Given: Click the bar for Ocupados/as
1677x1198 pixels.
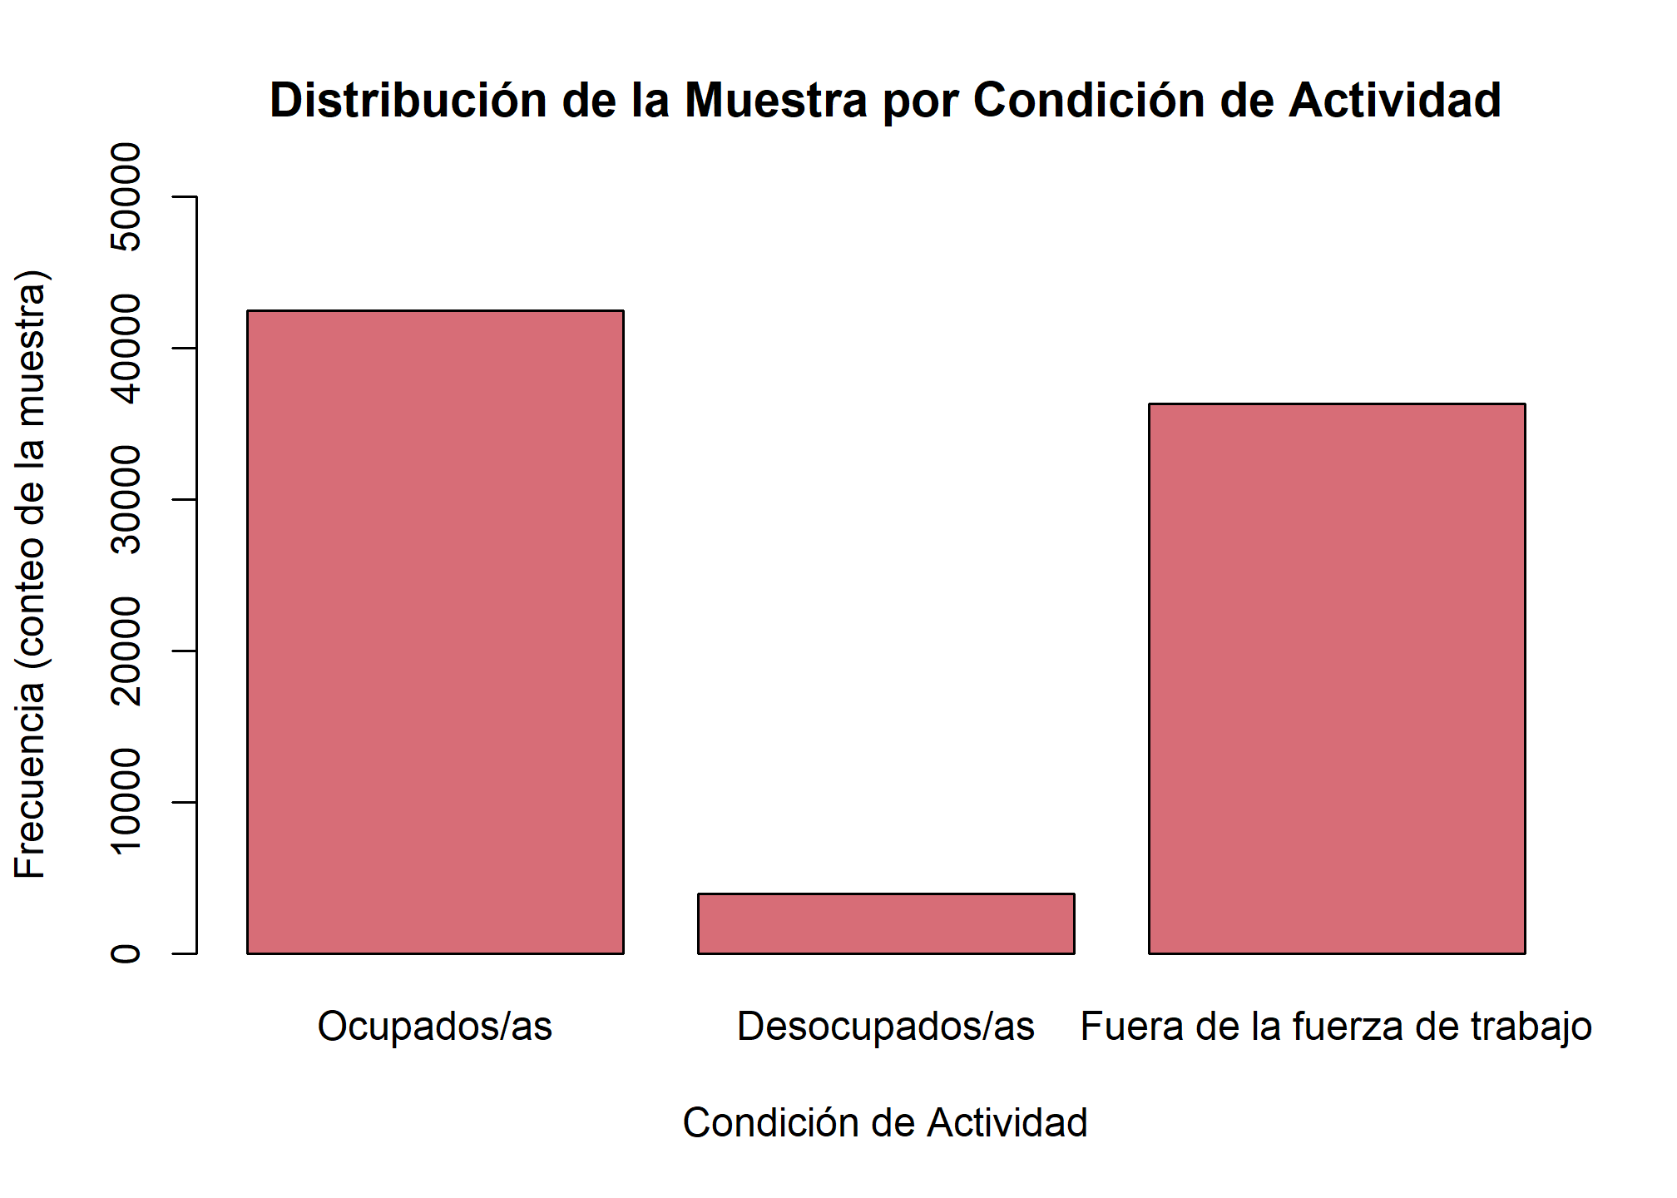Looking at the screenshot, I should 435,632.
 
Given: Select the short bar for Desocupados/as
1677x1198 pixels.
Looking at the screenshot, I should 886,923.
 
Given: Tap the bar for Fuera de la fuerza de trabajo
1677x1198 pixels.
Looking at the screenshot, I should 1337,678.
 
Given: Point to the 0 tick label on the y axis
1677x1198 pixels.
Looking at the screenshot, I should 126,953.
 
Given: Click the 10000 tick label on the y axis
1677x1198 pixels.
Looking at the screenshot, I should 126,801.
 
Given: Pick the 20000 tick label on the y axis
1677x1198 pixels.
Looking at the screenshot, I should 126,651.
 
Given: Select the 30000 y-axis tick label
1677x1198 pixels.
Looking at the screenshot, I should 126,499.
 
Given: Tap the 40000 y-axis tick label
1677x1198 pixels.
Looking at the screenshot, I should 126,348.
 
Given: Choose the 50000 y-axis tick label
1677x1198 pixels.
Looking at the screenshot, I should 126,196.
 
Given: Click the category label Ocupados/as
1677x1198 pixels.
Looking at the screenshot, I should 435,1027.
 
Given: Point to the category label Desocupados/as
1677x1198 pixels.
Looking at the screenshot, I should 886,1027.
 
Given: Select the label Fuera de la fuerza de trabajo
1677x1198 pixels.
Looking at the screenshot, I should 1336,1027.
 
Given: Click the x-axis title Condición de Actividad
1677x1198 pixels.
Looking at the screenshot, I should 885,1123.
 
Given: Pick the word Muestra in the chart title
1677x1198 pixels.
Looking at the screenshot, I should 776,101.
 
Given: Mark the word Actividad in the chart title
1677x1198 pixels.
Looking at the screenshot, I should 1395,101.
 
